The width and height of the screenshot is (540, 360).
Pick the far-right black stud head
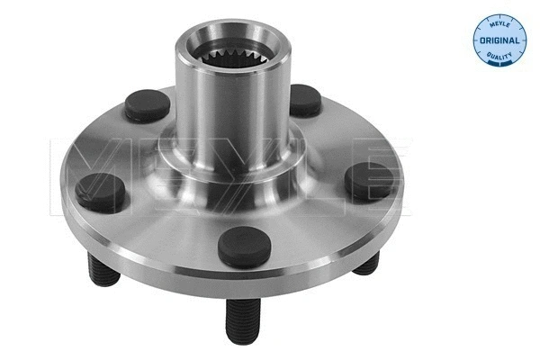(x=370, y=181)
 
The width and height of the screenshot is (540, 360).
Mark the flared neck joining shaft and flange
(x=236, y=166)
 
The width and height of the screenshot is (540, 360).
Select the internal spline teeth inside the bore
(x=236, y=56)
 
